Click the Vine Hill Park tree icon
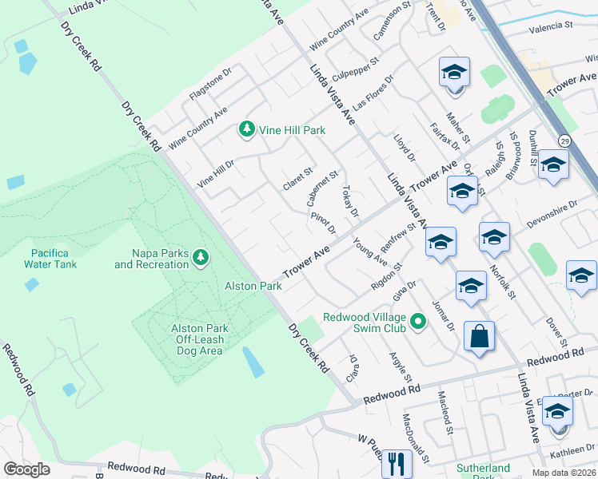click(247, 129)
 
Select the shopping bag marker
click(479, 337)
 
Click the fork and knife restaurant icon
click(396, 462)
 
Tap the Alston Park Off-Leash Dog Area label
click(199, 339)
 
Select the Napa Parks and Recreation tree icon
click(201, 257)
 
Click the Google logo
click(26, 469)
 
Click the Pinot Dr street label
click(323, 224)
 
